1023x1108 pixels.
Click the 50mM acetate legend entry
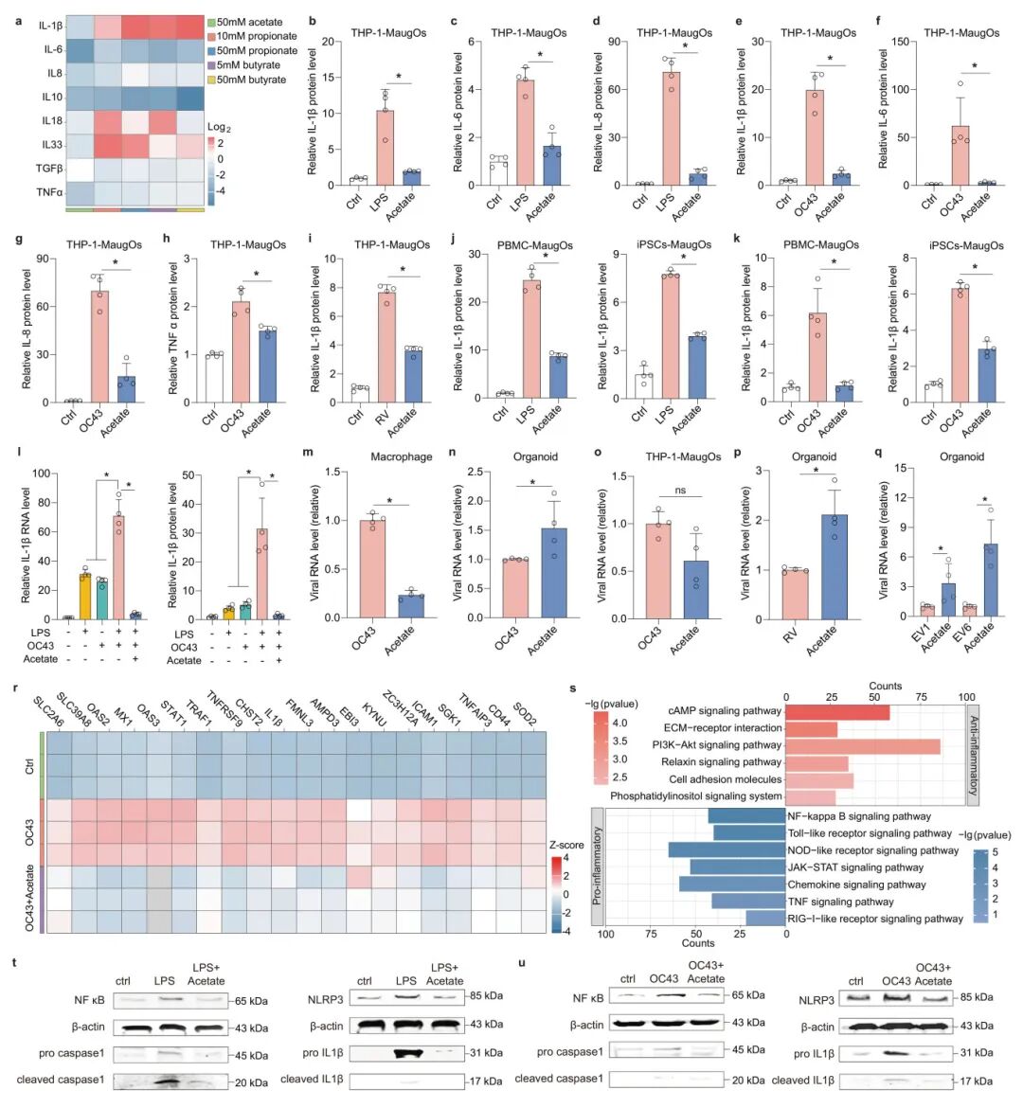(249, 22)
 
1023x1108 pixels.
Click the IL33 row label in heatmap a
(52, 145)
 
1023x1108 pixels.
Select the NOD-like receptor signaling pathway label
(872, 850)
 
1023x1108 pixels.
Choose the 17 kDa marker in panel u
(975, 1081)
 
